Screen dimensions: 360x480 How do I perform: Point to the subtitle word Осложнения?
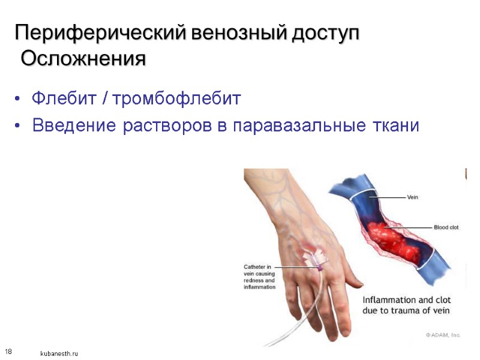click(83, 59)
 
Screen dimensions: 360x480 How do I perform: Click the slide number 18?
click(8, 350)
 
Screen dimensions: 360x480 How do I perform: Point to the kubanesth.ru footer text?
click(59, 354)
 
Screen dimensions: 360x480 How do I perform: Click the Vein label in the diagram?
click(413, 197)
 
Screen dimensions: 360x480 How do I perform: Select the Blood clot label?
click(446, 227)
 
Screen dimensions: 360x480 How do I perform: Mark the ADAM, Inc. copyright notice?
click(443, 335)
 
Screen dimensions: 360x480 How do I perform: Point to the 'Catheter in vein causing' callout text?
click(259, 271)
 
